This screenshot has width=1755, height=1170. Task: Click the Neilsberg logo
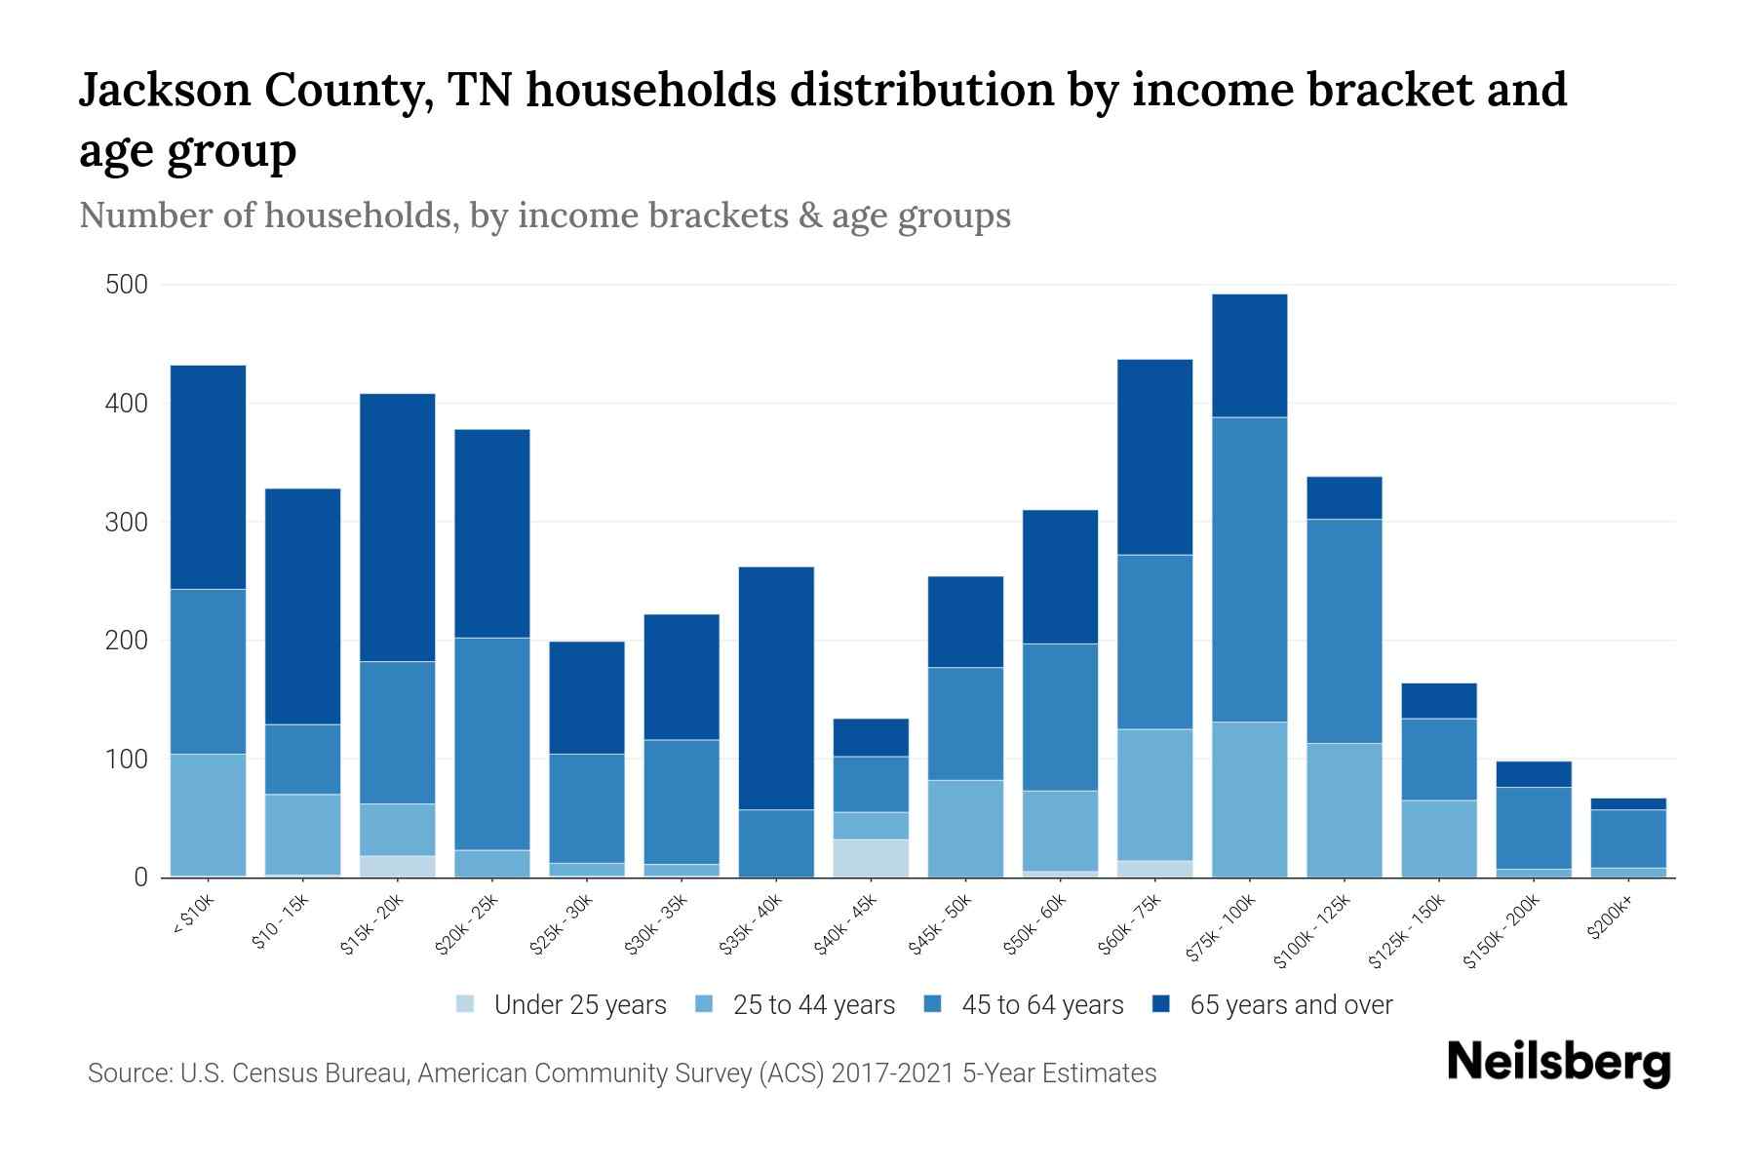(1558, 1063)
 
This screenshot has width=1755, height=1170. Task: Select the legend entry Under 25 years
(579, 1005)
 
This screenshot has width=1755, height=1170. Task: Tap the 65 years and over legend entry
(1290, 1005)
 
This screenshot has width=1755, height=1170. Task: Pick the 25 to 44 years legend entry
(813, 1005)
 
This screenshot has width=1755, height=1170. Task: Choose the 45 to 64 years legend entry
(1041, 1005)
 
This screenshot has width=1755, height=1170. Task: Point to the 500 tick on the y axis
(127, 285)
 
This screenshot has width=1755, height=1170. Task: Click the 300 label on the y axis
(127, 522)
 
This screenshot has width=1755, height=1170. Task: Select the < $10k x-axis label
(193, 917)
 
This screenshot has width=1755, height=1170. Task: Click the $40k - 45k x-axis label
(847, 925)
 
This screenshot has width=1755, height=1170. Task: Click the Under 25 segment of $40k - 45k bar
(871, 858)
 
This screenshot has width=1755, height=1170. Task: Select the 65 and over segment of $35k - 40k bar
(776, 687)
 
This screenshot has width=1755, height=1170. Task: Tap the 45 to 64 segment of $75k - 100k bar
(1249, 569)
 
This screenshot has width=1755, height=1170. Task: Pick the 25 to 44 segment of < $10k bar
(208, 815)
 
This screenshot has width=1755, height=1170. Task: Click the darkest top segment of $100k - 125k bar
(1344, 497)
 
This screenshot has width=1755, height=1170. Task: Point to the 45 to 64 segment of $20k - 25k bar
(492, 743)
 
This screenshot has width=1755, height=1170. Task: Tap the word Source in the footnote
(125, 1073)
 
